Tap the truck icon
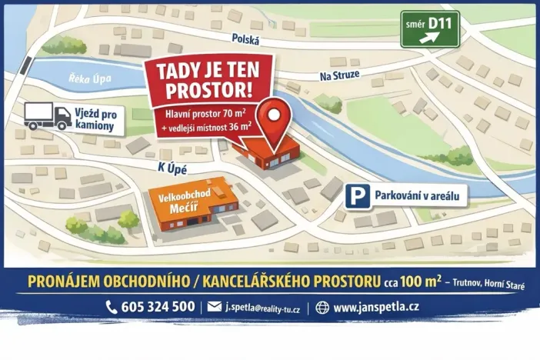point(48,115)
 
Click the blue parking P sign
point(356,197)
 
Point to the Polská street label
point(246,39)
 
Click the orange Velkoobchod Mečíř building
point(189,203)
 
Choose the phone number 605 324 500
point(158,307)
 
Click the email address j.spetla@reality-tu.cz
point(262,308)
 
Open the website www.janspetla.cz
point(376,307)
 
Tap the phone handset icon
point(111,307)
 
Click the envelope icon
point(214,307)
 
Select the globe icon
point(322,307)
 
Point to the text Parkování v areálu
point(420,196)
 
